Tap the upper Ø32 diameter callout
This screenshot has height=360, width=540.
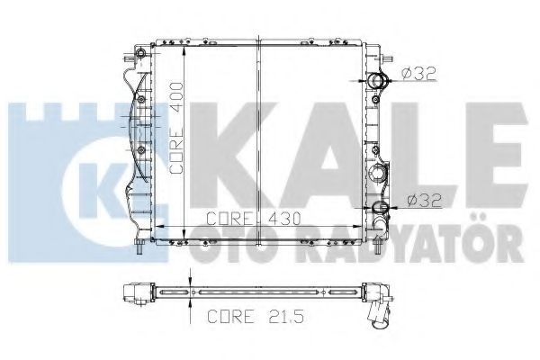[x=420, y=72]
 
